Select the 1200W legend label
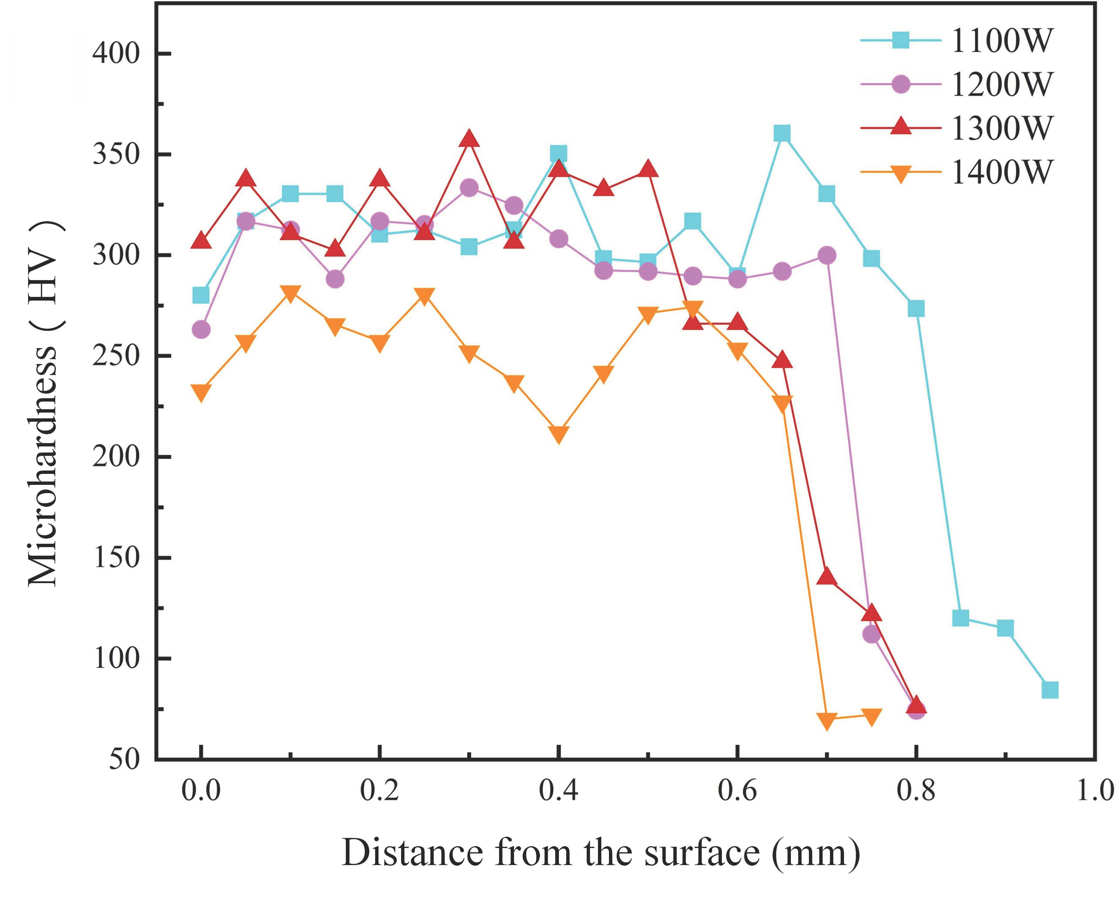click(1001, 84)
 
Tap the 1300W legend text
click(1001, 128)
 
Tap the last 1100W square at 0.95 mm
click(1050, 690)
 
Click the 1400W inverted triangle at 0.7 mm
click(826, 721)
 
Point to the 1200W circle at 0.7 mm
click(826, 255)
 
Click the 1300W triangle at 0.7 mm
click(826, 577)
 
